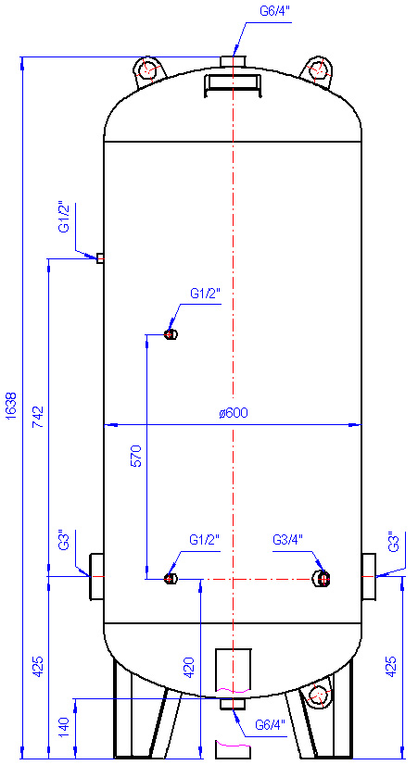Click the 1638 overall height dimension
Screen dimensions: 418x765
click(12, 405)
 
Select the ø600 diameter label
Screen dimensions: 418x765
click(234, 413)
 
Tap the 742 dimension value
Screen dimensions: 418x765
click(39, 417)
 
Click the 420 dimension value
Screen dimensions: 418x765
click(190, 669)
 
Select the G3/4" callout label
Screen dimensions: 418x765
click(288, 540)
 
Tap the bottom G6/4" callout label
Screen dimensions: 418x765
click(270, 724)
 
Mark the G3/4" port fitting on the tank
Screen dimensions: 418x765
click(323, 579)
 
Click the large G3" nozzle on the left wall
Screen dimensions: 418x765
click(96, 576)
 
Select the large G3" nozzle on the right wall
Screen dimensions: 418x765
click(369, 577)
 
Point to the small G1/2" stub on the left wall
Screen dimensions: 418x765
click(100, 258)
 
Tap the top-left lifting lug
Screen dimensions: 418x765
click(149, 71)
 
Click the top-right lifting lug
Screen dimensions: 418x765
click(317, 71)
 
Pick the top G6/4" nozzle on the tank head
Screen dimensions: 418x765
click(233, 61)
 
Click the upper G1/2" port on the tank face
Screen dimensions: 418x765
click(171, 334)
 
